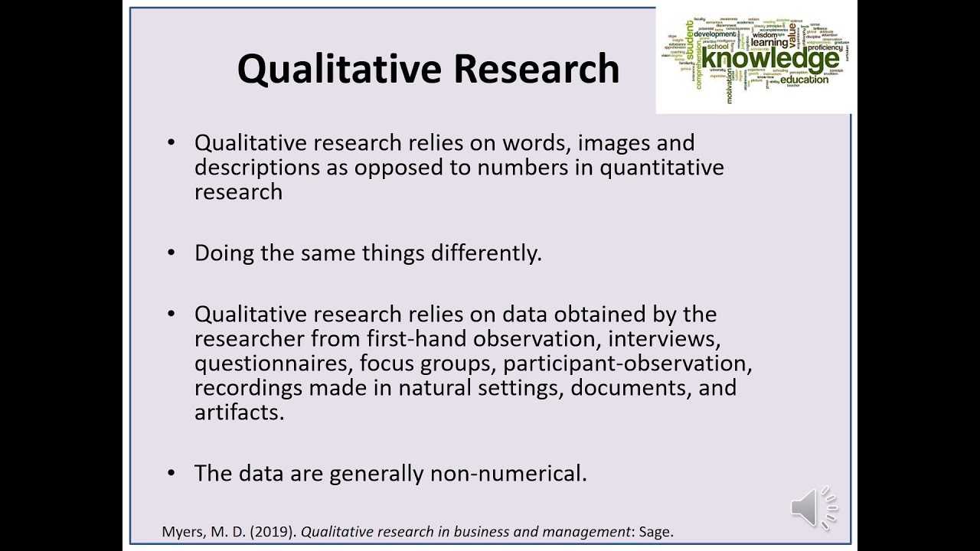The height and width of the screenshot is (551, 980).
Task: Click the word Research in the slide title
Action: click(x=536, y=68)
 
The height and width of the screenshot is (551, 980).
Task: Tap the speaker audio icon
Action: click(x=813, y=507)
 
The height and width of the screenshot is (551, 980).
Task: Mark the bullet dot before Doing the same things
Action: click(x=171, y=253)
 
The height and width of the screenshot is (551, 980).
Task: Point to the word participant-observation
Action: click(x=628, y=364)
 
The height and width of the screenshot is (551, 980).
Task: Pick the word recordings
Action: click(x=249, y=388)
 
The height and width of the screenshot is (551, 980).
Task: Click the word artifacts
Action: click(x=239, y=412)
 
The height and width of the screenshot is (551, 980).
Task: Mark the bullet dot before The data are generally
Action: click(x=171, y=473)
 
